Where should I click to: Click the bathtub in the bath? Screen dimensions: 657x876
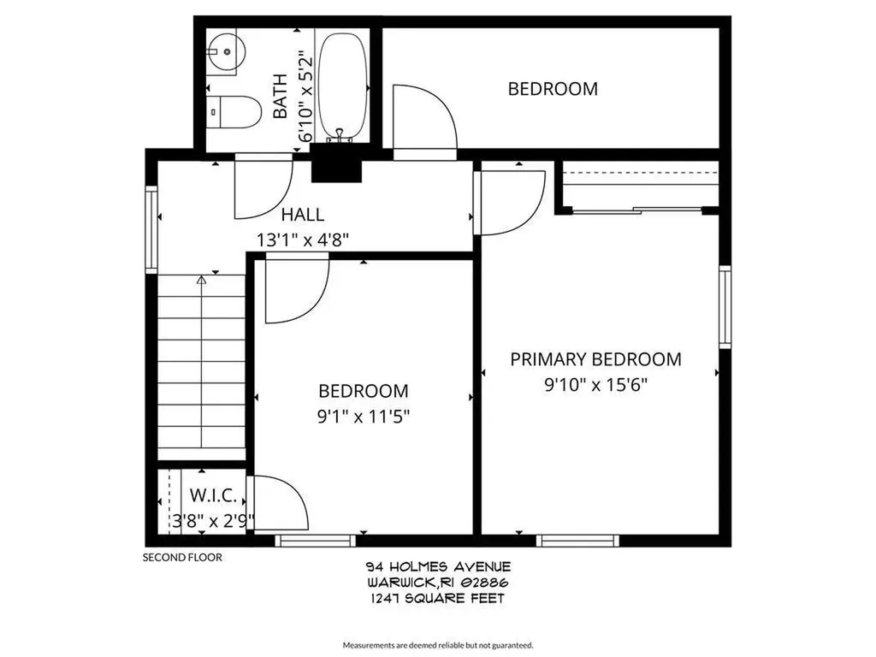[343, 86]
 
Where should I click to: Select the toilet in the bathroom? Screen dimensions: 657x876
[235, 111]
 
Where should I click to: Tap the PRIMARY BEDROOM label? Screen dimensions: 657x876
[595, 359]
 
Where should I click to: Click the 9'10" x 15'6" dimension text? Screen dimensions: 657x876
[595, 384]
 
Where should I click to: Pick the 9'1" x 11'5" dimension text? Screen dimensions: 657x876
[363, 417]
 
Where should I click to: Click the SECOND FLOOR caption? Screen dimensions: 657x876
[181, 558]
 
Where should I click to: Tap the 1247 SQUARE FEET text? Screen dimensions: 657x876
[437, 599]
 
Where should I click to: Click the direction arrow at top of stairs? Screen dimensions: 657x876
[201, 279]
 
